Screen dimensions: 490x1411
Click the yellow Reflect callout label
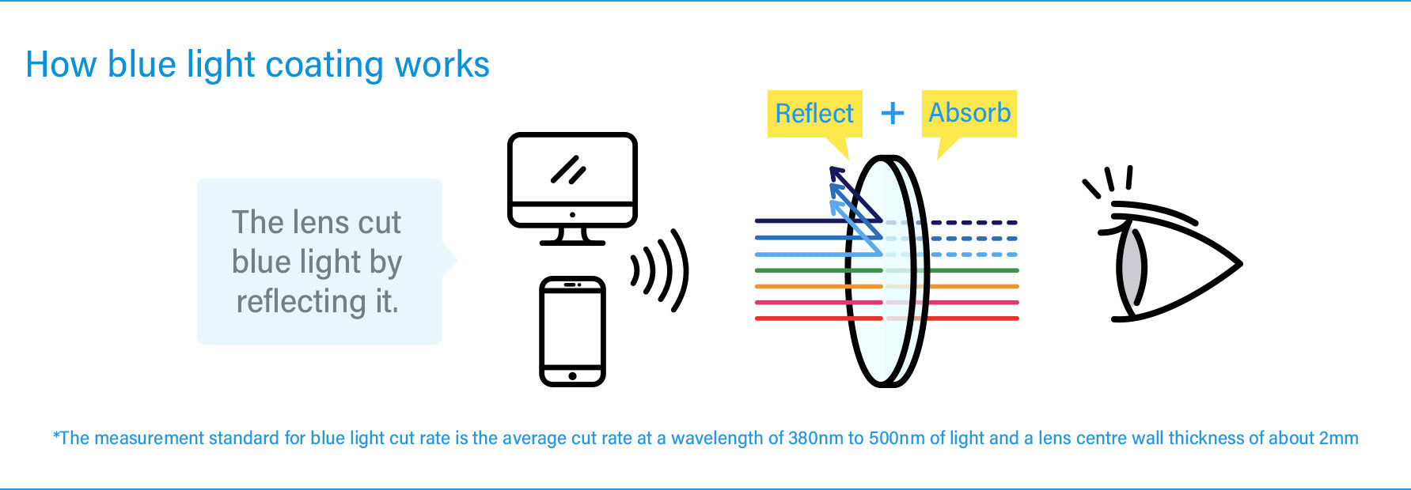[x=814, y=114]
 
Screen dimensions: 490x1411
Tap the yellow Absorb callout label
[x=969, y=113]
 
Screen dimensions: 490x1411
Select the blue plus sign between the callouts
[x=893, y=114]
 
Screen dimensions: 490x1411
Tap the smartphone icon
[x=572, y=330]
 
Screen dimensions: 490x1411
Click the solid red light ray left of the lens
[x=799, y=318]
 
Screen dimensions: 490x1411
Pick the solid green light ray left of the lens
[x=799, y=270]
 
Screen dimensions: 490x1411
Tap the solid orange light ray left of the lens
[x=799, y=286]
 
